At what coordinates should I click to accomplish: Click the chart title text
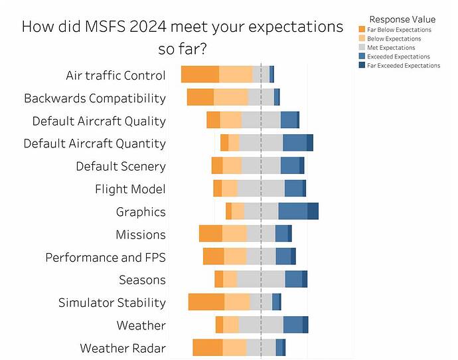pos(183,38)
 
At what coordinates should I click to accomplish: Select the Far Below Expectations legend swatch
pos(361,30)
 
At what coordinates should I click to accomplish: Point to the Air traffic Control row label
pos(115,75)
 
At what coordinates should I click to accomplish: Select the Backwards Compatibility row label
pos(95,98)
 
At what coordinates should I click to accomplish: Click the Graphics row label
pos(141,212)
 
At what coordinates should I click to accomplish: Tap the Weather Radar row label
pos(123,348)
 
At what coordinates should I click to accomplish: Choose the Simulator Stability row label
pos(112,303)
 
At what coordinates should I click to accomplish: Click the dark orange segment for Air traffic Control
pos(200,74)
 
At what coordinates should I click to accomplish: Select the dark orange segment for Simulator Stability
pos(206,302)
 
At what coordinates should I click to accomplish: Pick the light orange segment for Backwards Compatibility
pos(230,97)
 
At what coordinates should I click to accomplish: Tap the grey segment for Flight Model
pos(261,188)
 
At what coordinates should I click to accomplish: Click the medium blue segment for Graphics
pos(293,211)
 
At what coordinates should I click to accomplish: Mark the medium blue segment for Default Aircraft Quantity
pos(295,143)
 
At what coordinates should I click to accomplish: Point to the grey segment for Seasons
pos(261,279)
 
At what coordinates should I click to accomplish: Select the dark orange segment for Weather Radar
pos(208,347)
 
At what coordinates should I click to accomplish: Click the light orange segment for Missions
pos(234,234)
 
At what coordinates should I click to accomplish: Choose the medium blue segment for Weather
pos(293,325)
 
